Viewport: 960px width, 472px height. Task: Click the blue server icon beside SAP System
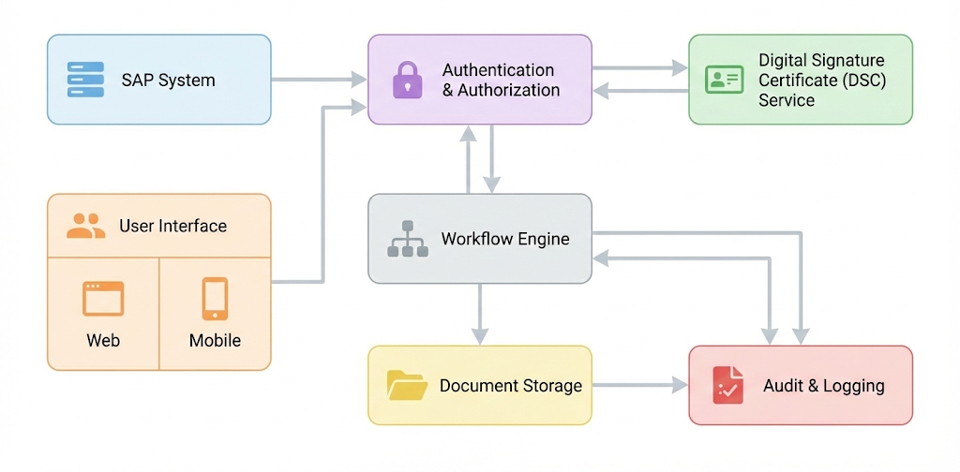(x=85, y=80)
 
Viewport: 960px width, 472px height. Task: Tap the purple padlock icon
(x=407, y=80)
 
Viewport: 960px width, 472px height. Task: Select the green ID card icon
(x=724, y=80)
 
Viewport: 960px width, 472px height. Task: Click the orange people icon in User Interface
(x=86, y=226)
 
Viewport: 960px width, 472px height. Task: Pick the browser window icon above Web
(x=103, y=299)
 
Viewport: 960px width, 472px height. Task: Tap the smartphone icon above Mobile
(x=215, y=299)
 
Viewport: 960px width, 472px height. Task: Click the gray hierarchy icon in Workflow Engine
(x=407, y=240)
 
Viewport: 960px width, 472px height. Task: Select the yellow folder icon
(x=407, y=385)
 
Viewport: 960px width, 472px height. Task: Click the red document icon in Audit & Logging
(x=727, y=385)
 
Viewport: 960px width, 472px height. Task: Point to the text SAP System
(x=168, y=80)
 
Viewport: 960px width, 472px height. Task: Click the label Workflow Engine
(x=505, y=239)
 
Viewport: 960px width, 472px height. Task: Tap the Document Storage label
(x=511, y=386)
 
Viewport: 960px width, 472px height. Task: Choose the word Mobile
(x=215, y=341)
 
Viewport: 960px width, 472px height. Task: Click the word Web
(x=103, y=341)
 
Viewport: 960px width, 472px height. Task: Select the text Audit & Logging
(x=824, y=386)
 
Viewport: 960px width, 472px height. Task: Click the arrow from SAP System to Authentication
(x=319, y=80)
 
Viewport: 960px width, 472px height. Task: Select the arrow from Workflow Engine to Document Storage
(x=480, y=314)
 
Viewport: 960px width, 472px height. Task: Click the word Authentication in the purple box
(x=498, y=70)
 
